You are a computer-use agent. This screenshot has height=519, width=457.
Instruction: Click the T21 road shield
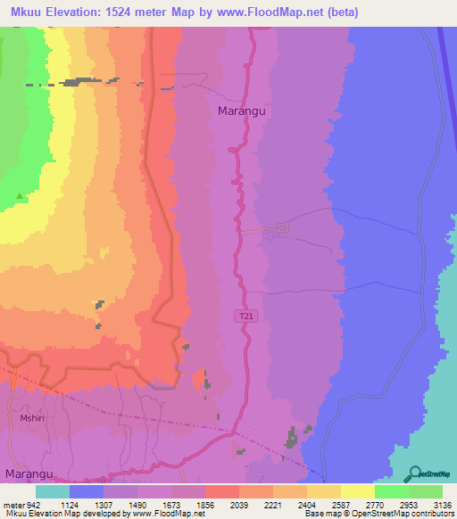coord(247,317)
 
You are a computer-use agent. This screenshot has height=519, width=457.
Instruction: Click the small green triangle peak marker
coord(21,195)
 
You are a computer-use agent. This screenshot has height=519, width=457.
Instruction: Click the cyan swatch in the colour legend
coord(53,491)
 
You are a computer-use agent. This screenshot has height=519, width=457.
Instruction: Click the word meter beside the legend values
coord(12,505)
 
